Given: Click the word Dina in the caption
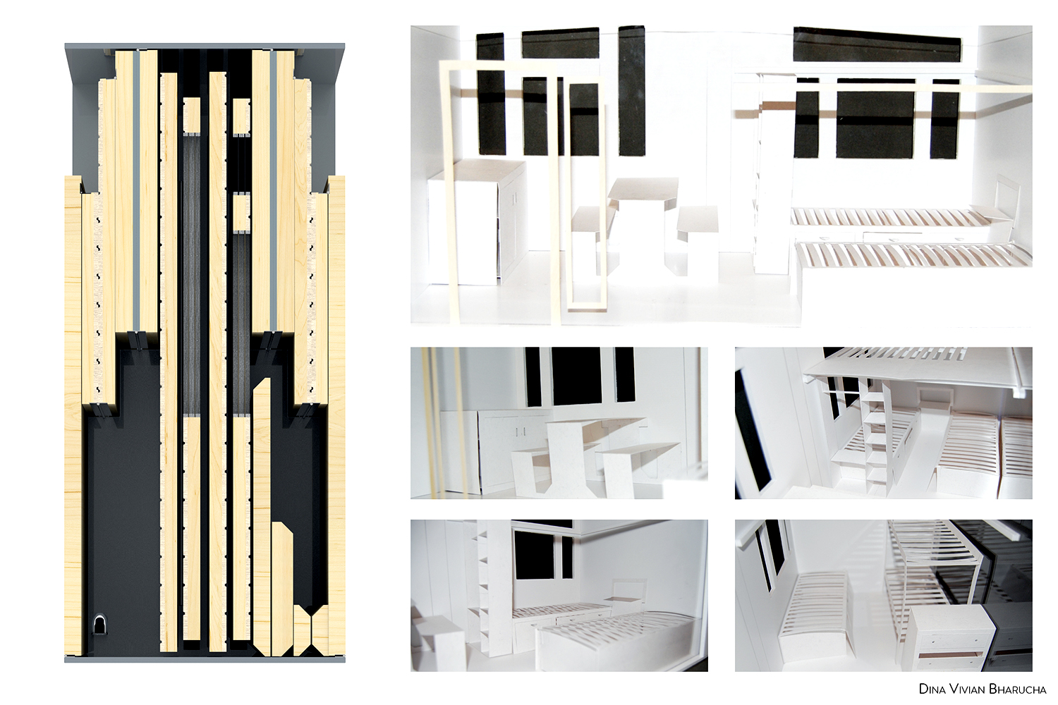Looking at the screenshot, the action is [x=932, y=689].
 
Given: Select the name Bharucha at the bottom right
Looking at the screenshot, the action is [x=1018, y=689].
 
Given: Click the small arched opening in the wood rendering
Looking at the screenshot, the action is [x=99, y=625].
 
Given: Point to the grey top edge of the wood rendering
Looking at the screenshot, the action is [x=205, y=46].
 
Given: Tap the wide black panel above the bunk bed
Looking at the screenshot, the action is [x=877, y=44].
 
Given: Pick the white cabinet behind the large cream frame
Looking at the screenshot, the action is [x=477, y=222].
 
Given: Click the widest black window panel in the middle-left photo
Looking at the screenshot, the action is [x=576, y=376].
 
